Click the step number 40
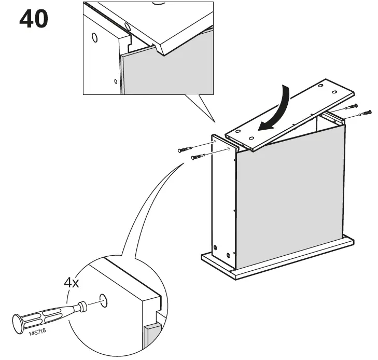click(x=34, y=19)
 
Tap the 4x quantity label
click(x=72, y=283)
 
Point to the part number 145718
click(x=37, y=332)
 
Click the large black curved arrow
click(x=275, y=110)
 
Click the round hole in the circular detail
click(x=103, y=300)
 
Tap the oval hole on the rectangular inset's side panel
click(x=95, y=38)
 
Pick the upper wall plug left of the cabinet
click(x=185, y=149)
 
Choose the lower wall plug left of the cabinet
click(x=198, y=157)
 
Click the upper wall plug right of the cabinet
click(x=351, y=106)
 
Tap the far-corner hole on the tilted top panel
click(x=320, y=86)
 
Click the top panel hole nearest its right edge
click(x=334, y=92)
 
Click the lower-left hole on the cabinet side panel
click(x=215, y=247)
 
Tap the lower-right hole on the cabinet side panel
click(x=228, y=255)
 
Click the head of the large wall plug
click(x=18, y=324)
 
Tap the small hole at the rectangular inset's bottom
click(x=116, y=81)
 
